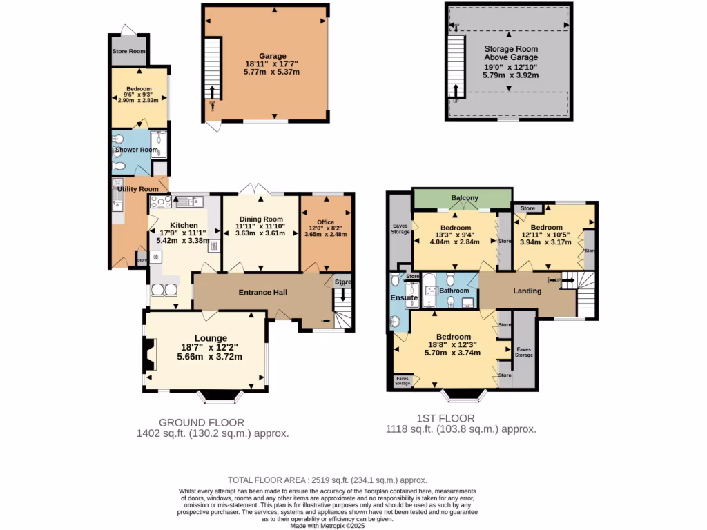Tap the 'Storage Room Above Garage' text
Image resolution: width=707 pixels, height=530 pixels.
pyautogui.click(x=510, y=53)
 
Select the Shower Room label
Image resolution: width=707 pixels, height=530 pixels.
pyautogui.click(x=136, y=150)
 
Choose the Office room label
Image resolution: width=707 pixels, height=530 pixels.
pyautogui.click(x=325, y=222)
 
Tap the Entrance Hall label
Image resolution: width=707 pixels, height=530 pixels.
pyautogui.click(x=262, y=293)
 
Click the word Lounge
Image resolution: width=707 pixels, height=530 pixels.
pyautogui.click(x=211, y=338)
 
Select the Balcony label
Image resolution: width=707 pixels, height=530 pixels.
pyautogui.click(x=465, y=198)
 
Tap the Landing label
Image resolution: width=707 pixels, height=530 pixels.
pyautogui.click(x=527, y=291)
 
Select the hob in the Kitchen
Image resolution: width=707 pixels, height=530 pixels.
pyautogui.click(x=161, y=202)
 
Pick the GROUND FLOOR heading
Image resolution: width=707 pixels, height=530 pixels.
pyautogui.click(x=201, y=422)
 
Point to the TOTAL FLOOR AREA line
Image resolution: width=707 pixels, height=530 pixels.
pyautogui.click(x=327, y=480)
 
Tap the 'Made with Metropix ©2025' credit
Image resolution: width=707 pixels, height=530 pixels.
pyautogui.click(x=327, y=526)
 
